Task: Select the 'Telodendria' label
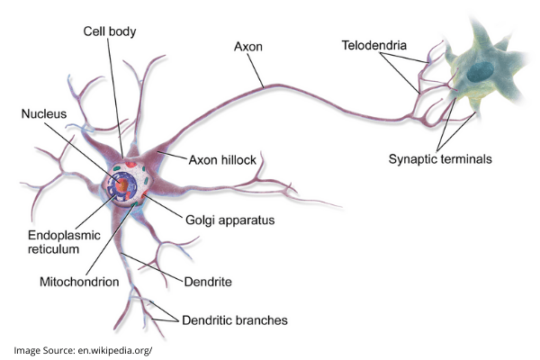point(373,43)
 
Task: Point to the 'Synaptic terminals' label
point(441,158)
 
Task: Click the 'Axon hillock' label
point(222,160)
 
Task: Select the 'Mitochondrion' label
point(80,281)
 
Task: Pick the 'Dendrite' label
point(208,282)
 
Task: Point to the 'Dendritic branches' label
point(235,319)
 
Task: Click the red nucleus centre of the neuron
point(120,186)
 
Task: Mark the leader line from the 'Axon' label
point(256,67)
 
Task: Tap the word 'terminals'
point(468,158)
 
